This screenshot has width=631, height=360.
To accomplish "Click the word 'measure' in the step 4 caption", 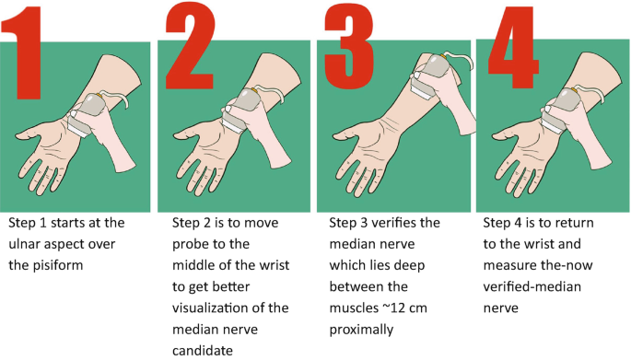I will pyautogui.click(x=510, y=267).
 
